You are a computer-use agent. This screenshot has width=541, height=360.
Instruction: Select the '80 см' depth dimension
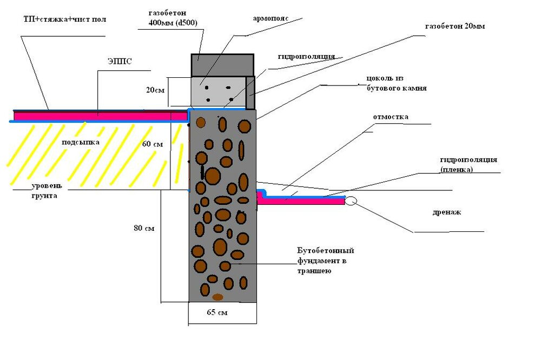click(144, 229)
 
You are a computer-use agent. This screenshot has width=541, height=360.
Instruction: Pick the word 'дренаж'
click(447, 212)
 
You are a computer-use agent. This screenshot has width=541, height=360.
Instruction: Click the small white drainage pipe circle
click(350, 201)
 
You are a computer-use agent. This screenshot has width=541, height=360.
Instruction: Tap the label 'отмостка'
click(391, 117)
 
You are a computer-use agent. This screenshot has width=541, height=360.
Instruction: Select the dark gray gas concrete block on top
click(222, 65)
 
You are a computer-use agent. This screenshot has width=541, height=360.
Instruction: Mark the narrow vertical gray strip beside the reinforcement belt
click(250, 92)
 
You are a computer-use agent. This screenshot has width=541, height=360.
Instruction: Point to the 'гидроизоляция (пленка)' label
click(469, 164)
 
